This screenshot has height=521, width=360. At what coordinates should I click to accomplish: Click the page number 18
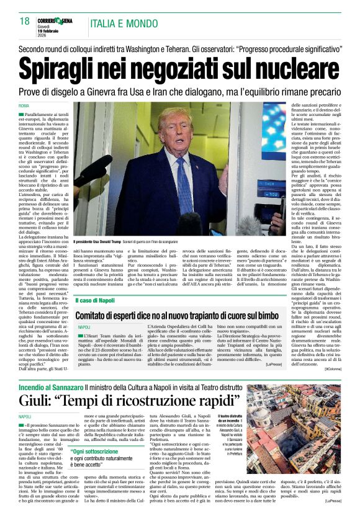coord(25,21)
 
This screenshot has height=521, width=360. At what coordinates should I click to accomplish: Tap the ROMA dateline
coord(24,106)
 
